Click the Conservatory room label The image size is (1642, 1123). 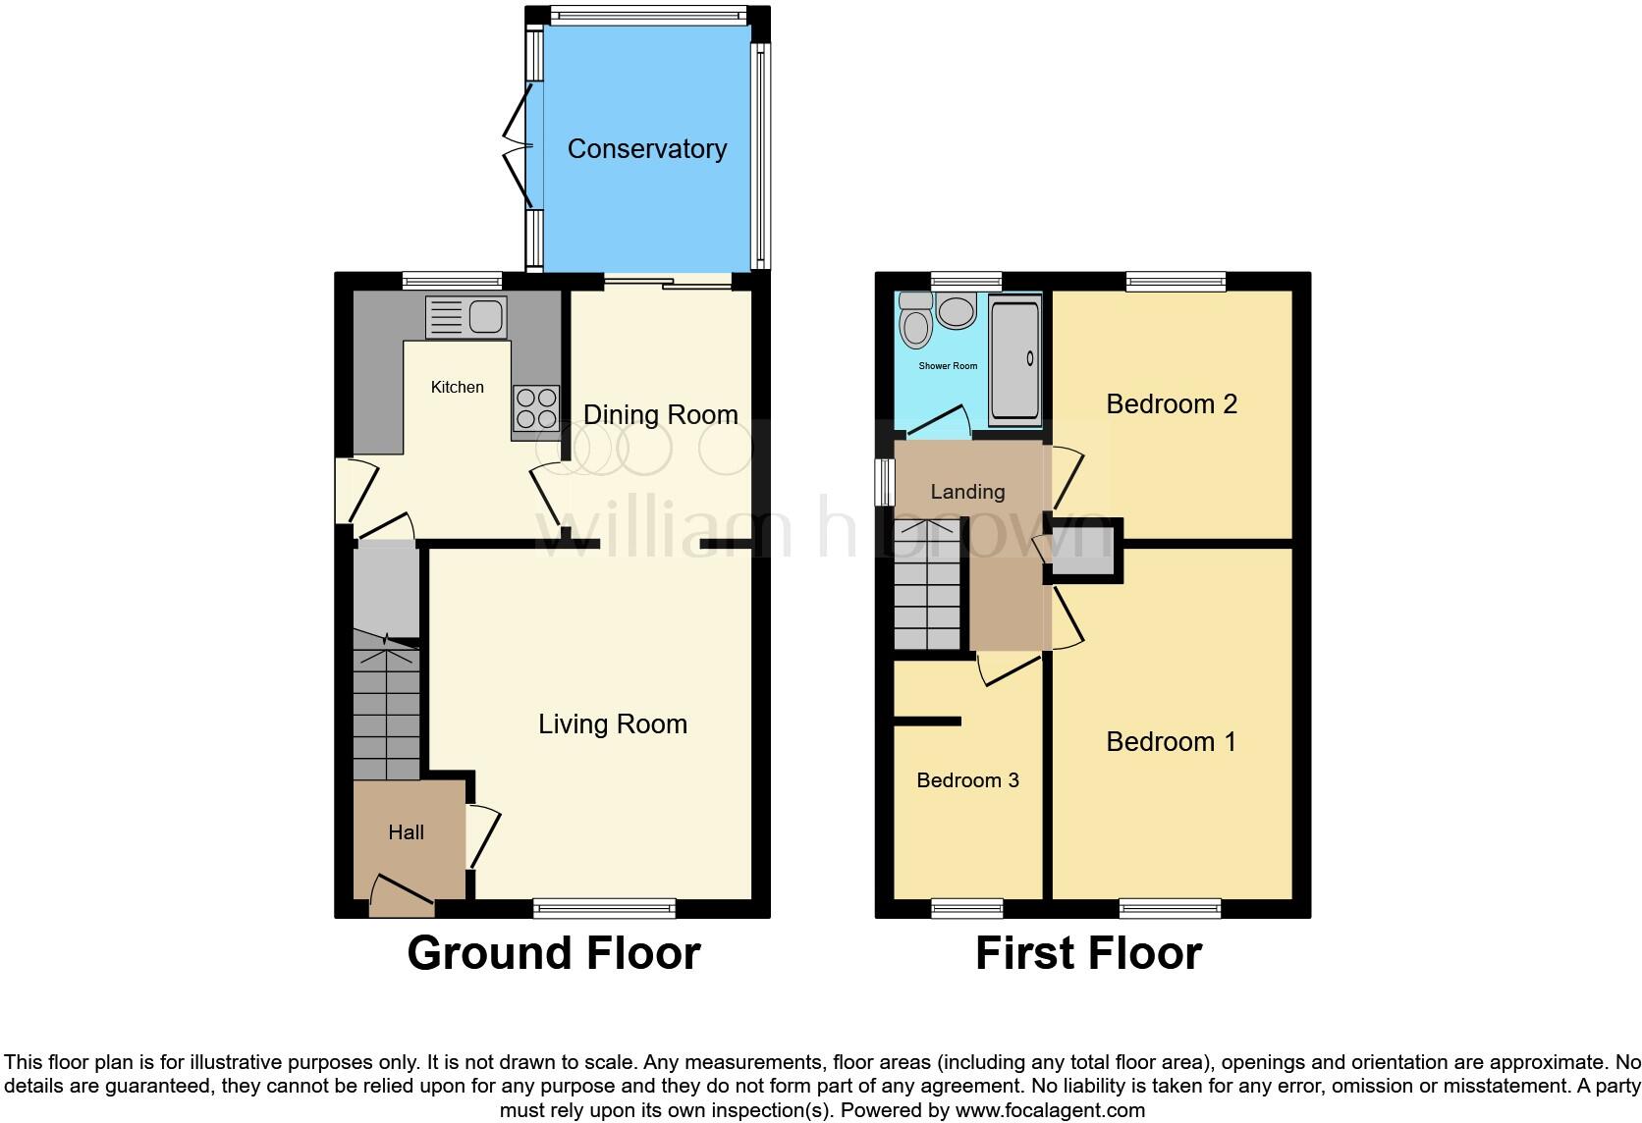tap(647, 149)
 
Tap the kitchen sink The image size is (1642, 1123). tap(466, 317)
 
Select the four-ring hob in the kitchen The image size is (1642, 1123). tap(536, 408)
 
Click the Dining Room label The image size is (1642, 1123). tap(660, 415)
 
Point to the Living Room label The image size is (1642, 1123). tap(612, 724)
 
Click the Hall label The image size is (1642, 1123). tap(406, 832)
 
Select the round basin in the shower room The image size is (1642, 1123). tap(955, 312)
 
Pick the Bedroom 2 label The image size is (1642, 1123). tap(1171, 404)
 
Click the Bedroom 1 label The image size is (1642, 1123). tap(1171, 742)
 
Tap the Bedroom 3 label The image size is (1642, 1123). tap(967, 780)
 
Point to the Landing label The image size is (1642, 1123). tap(967, 492)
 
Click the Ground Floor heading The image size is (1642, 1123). tap(553, 953)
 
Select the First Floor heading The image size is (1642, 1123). tap(1088, 953)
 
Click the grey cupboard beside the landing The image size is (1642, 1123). tap(1083, 552)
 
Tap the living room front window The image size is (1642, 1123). tap(604, 908)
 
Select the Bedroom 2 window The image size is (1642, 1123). tap(1177, 282)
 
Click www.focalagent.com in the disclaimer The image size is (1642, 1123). tap(1050, 1111)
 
